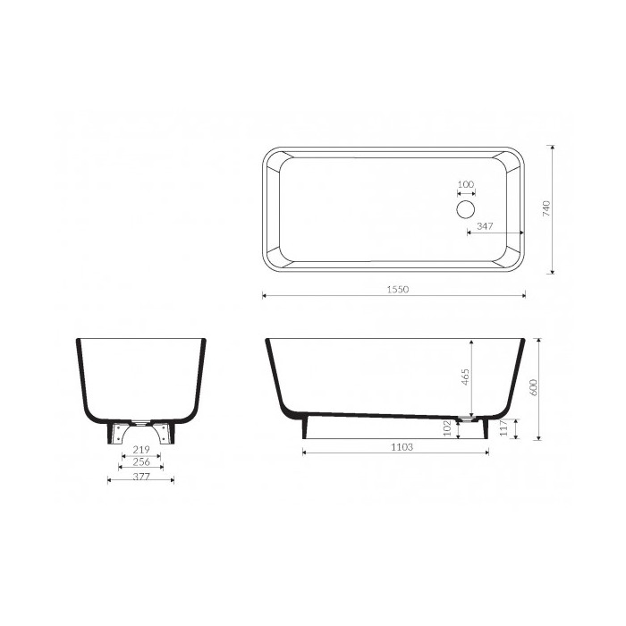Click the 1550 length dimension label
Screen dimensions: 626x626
point(398,289)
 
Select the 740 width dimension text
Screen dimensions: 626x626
point(546,208)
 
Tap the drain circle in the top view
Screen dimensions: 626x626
point(466,209)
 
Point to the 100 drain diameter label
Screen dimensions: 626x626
point(466,184)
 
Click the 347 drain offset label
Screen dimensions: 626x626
point(485,226)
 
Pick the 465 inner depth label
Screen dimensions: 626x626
point(465,376)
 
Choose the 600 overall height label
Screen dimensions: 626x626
point(534,387)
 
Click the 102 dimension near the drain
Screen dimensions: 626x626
point(447,428)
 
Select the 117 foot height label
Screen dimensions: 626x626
point(503,428)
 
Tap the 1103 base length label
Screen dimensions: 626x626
point(402,447)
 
